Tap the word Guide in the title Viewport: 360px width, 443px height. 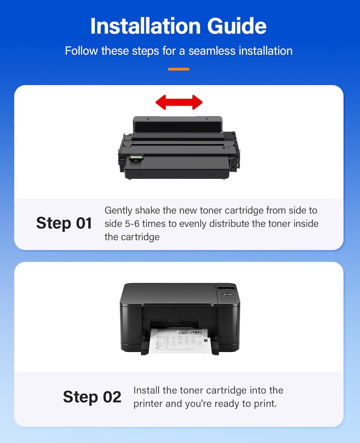tap(237, 26)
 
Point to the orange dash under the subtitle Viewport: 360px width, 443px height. tap(179, 69)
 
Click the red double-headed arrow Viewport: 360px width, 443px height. tap(179, 102)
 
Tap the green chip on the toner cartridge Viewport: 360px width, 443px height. tap(136, 158)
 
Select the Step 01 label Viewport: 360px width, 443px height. tap(64, 223)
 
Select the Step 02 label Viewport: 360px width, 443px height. tap(92, 397)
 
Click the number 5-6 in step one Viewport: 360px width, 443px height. tap(132, 224)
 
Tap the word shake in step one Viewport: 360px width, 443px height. tap(147, 210)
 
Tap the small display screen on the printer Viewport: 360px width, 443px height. tap(226, 288)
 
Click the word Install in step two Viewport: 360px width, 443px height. tap(146, 390)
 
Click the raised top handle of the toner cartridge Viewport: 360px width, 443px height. tap(177, 124)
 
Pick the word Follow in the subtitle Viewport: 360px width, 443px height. tap(81, 51)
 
